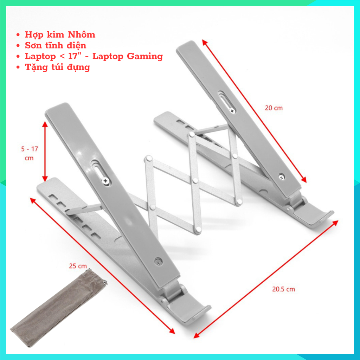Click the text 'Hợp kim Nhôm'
point(60,35)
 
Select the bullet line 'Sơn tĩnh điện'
point(56,45)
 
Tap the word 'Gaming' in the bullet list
point(144,56)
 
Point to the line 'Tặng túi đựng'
point(57,67)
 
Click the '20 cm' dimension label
point(274,108)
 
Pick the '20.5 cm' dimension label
point(284,289)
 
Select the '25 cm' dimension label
point(78,266)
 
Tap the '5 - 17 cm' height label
point(30,153)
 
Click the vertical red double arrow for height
point(45,152)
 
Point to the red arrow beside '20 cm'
point(254,111)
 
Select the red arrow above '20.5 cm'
point(266,279)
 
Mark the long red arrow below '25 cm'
point(102,266)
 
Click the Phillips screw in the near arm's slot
point(105,181)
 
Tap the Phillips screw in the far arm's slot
point(232,111)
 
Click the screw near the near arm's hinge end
point(158,261)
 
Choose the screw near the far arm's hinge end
point(282,177)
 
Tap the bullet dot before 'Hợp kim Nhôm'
point(18,35)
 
